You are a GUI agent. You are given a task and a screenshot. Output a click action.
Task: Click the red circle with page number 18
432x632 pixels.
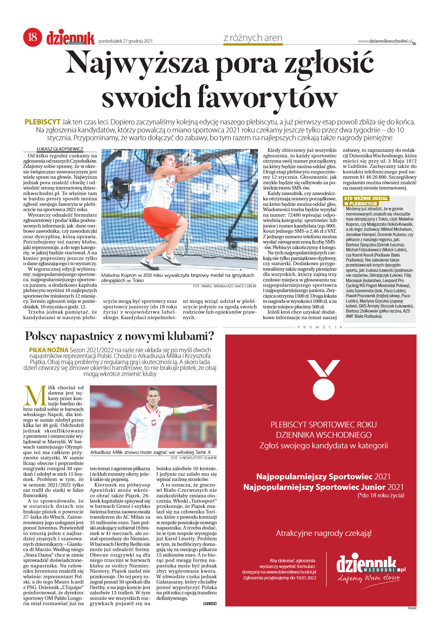32,37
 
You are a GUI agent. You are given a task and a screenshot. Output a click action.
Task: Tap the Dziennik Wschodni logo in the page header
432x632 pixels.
70,38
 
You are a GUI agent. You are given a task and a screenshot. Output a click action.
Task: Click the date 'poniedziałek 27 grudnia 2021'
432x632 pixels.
125,41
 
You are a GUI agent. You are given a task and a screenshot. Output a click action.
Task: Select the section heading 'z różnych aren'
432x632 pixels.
253,38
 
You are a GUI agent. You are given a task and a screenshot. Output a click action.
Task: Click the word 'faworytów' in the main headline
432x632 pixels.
267,97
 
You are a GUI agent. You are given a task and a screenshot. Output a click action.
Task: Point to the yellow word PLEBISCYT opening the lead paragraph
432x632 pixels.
42,122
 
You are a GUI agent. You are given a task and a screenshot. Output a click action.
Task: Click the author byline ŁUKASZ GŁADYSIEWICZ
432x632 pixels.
60,149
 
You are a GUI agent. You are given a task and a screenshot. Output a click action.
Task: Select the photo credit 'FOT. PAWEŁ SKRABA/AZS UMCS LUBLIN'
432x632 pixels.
224,286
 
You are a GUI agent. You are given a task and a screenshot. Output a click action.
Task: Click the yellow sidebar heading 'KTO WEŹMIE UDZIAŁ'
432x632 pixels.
366,198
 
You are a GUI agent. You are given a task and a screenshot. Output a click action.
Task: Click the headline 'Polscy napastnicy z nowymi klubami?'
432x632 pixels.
120,336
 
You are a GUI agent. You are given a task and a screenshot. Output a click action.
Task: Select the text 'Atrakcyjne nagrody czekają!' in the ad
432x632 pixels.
323,533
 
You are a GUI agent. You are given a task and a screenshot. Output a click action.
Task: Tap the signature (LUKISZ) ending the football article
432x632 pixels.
210,603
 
